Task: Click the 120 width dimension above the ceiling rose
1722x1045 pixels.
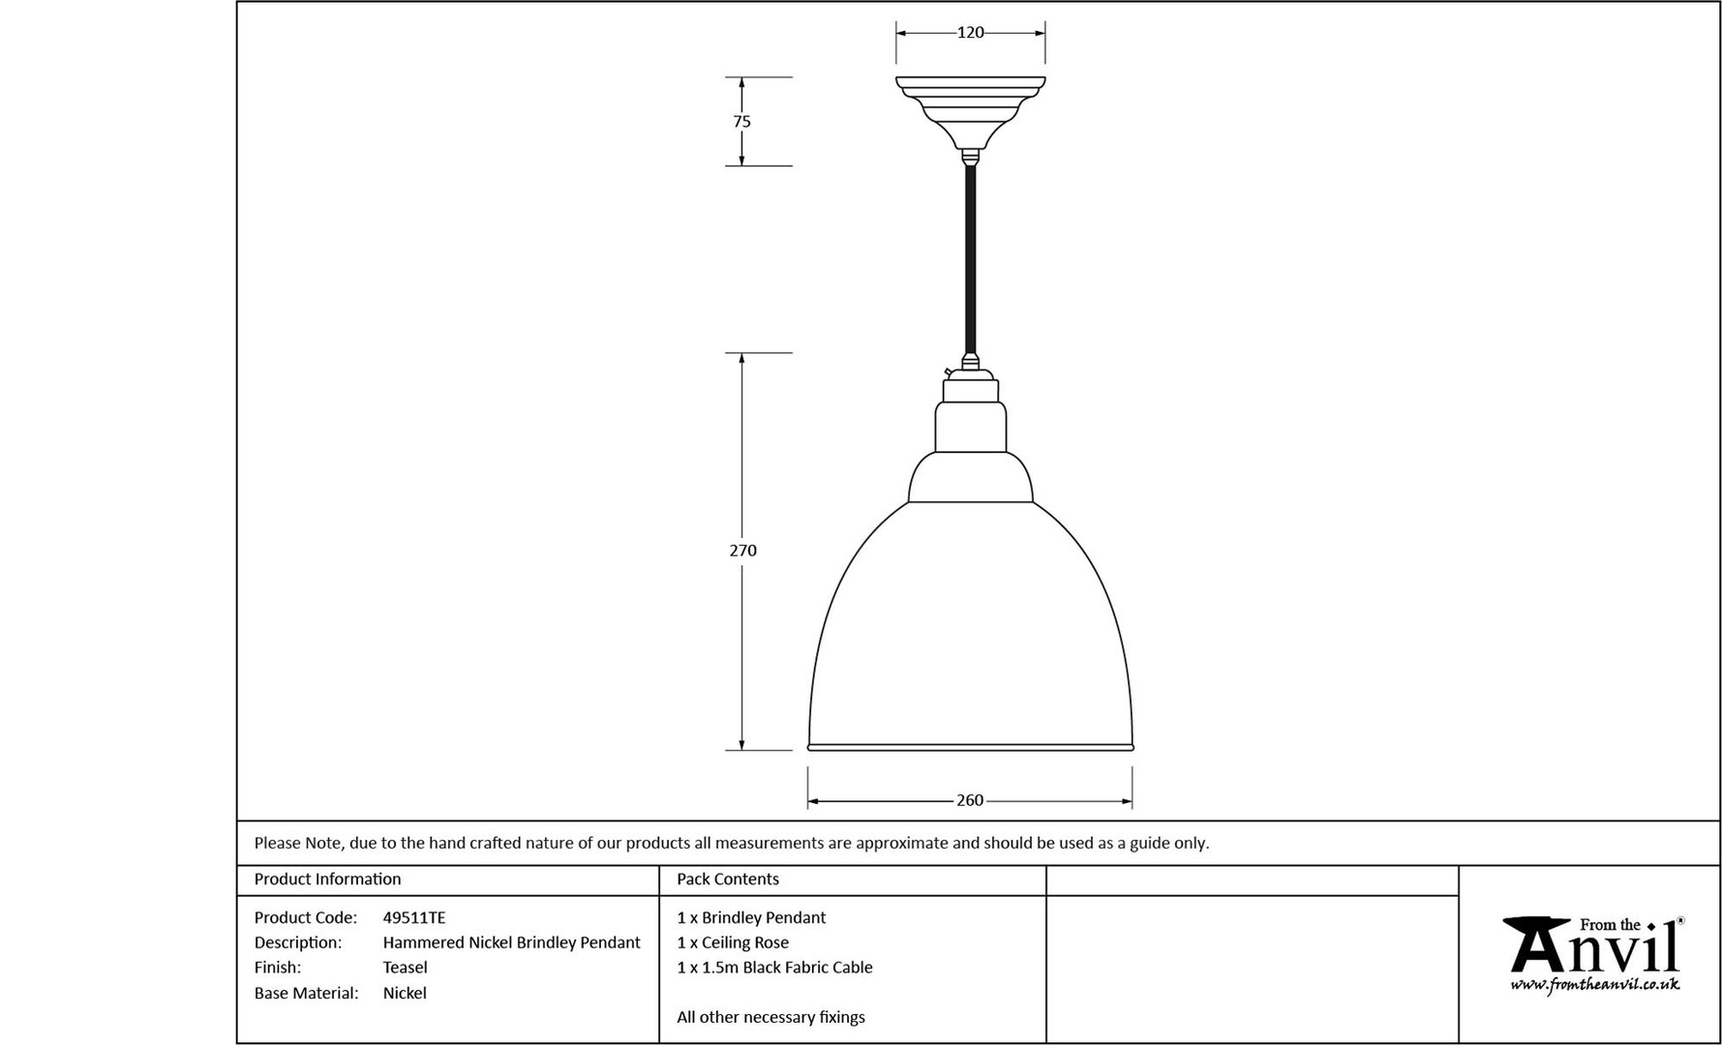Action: tap(970, 33)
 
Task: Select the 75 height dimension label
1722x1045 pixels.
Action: tap(741, 122)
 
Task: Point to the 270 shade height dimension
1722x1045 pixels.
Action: tap(742, 551)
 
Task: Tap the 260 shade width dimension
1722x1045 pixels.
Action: tap(970, 800)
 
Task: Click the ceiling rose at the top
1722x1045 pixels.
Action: tap(970, 114)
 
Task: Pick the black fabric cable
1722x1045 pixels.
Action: tap(970, 261)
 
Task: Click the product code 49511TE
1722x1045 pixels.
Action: tap(414, 917)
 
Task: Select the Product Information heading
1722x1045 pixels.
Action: tap(327, 879)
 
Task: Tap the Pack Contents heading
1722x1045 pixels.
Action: tap(728, 879)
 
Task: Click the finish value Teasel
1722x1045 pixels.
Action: tap(405, 967)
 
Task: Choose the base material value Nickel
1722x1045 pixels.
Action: tap(405, 993)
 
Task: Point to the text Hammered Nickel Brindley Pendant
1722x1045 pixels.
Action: tap(512, 942)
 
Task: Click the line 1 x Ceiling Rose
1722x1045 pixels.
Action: tap(733, 942)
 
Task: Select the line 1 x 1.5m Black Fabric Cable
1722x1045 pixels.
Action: tap(774, 967)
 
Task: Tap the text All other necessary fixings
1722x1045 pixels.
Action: tap(770, 1017)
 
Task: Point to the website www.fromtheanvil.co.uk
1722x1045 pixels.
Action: tap(1595, 985)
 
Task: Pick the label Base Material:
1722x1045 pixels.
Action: tap(306, 993)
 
